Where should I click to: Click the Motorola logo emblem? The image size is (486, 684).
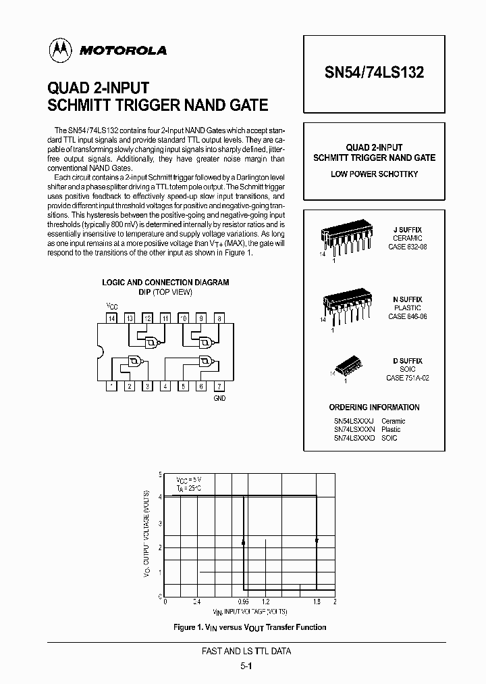[60, 49]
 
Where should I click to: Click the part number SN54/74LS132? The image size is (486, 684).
[374, 73]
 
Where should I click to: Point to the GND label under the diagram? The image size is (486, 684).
[219, 399]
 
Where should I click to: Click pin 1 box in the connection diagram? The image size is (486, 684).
[112, 386]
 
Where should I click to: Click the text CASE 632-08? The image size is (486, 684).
[407, 247]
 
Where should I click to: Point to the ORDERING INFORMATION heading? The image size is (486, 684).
[374, 408]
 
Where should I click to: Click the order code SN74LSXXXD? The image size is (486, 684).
[354, 438]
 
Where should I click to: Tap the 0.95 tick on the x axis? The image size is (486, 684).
[243, 602]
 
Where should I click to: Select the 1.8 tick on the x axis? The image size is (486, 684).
[316, 602]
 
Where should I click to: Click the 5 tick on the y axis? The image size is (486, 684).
[160, 474]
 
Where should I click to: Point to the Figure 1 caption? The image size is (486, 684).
[250, 627]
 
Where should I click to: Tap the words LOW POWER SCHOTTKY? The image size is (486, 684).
[374, 174]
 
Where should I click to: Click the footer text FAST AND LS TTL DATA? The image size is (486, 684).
[246, 652]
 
